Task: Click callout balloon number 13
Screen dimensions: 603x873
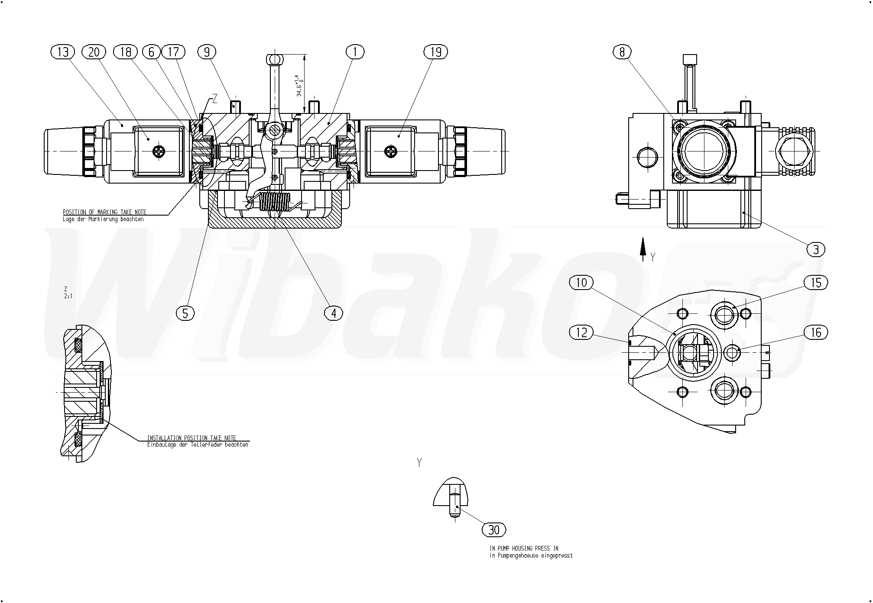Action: coord(63,52)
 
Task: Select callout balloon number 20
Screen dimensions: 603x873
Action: coord(94,52)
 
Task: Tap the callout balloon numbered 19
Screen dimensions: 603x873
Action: coord(435,52)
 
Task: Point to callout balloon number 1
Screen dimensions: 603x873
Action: coord(355,52)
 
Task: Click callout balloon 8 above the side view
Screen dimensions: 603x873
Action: coord(622,52)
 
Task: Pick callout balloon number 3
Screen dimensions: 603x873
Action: coord(816,249)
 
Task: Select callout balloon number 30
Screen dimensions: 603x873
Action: coord(493,530)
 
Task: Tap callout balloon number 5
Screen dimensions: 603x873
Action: coord(185,313)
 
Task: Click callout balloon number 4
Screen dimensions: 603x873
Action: coord(333,313)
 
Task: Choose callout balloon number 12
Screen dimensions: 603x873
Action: coord(581,332)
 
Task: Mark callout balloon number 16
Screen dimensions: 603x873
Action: coord(816,332)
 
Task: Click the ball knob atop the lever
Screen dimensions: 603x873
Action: coord(273,59)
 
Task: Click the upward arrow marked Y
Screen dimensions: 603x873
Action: coord(643,249)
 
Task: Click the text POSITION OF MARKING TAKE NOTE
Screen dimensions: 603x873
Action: coord(104,212)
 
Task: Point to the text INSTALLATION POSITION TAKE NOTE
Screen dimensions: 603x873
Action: coord(191,438)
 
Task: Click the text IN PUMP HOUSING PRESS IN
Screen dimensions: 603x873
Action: coord(524,548)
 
